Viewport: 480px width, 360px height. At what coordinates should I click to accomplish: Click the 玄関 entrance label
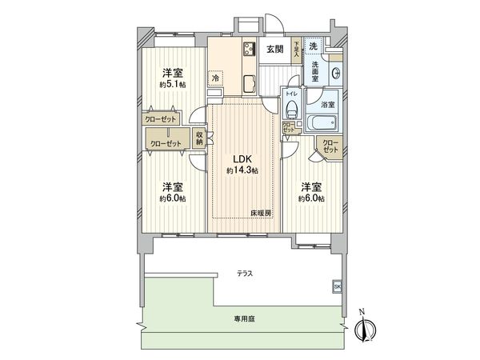point(274,50)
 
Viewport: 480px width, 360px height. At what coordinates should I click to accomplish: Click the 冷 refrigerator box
point(216,78)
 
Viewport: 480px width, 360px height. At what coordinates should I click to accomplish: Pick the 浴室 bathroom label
point(326,103)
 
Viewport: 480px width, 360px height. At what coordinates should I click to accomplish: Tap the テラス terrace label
point(245,274)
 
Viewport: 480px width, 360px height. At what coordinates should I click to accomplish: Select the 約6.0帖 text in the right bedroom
point(312,198)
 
